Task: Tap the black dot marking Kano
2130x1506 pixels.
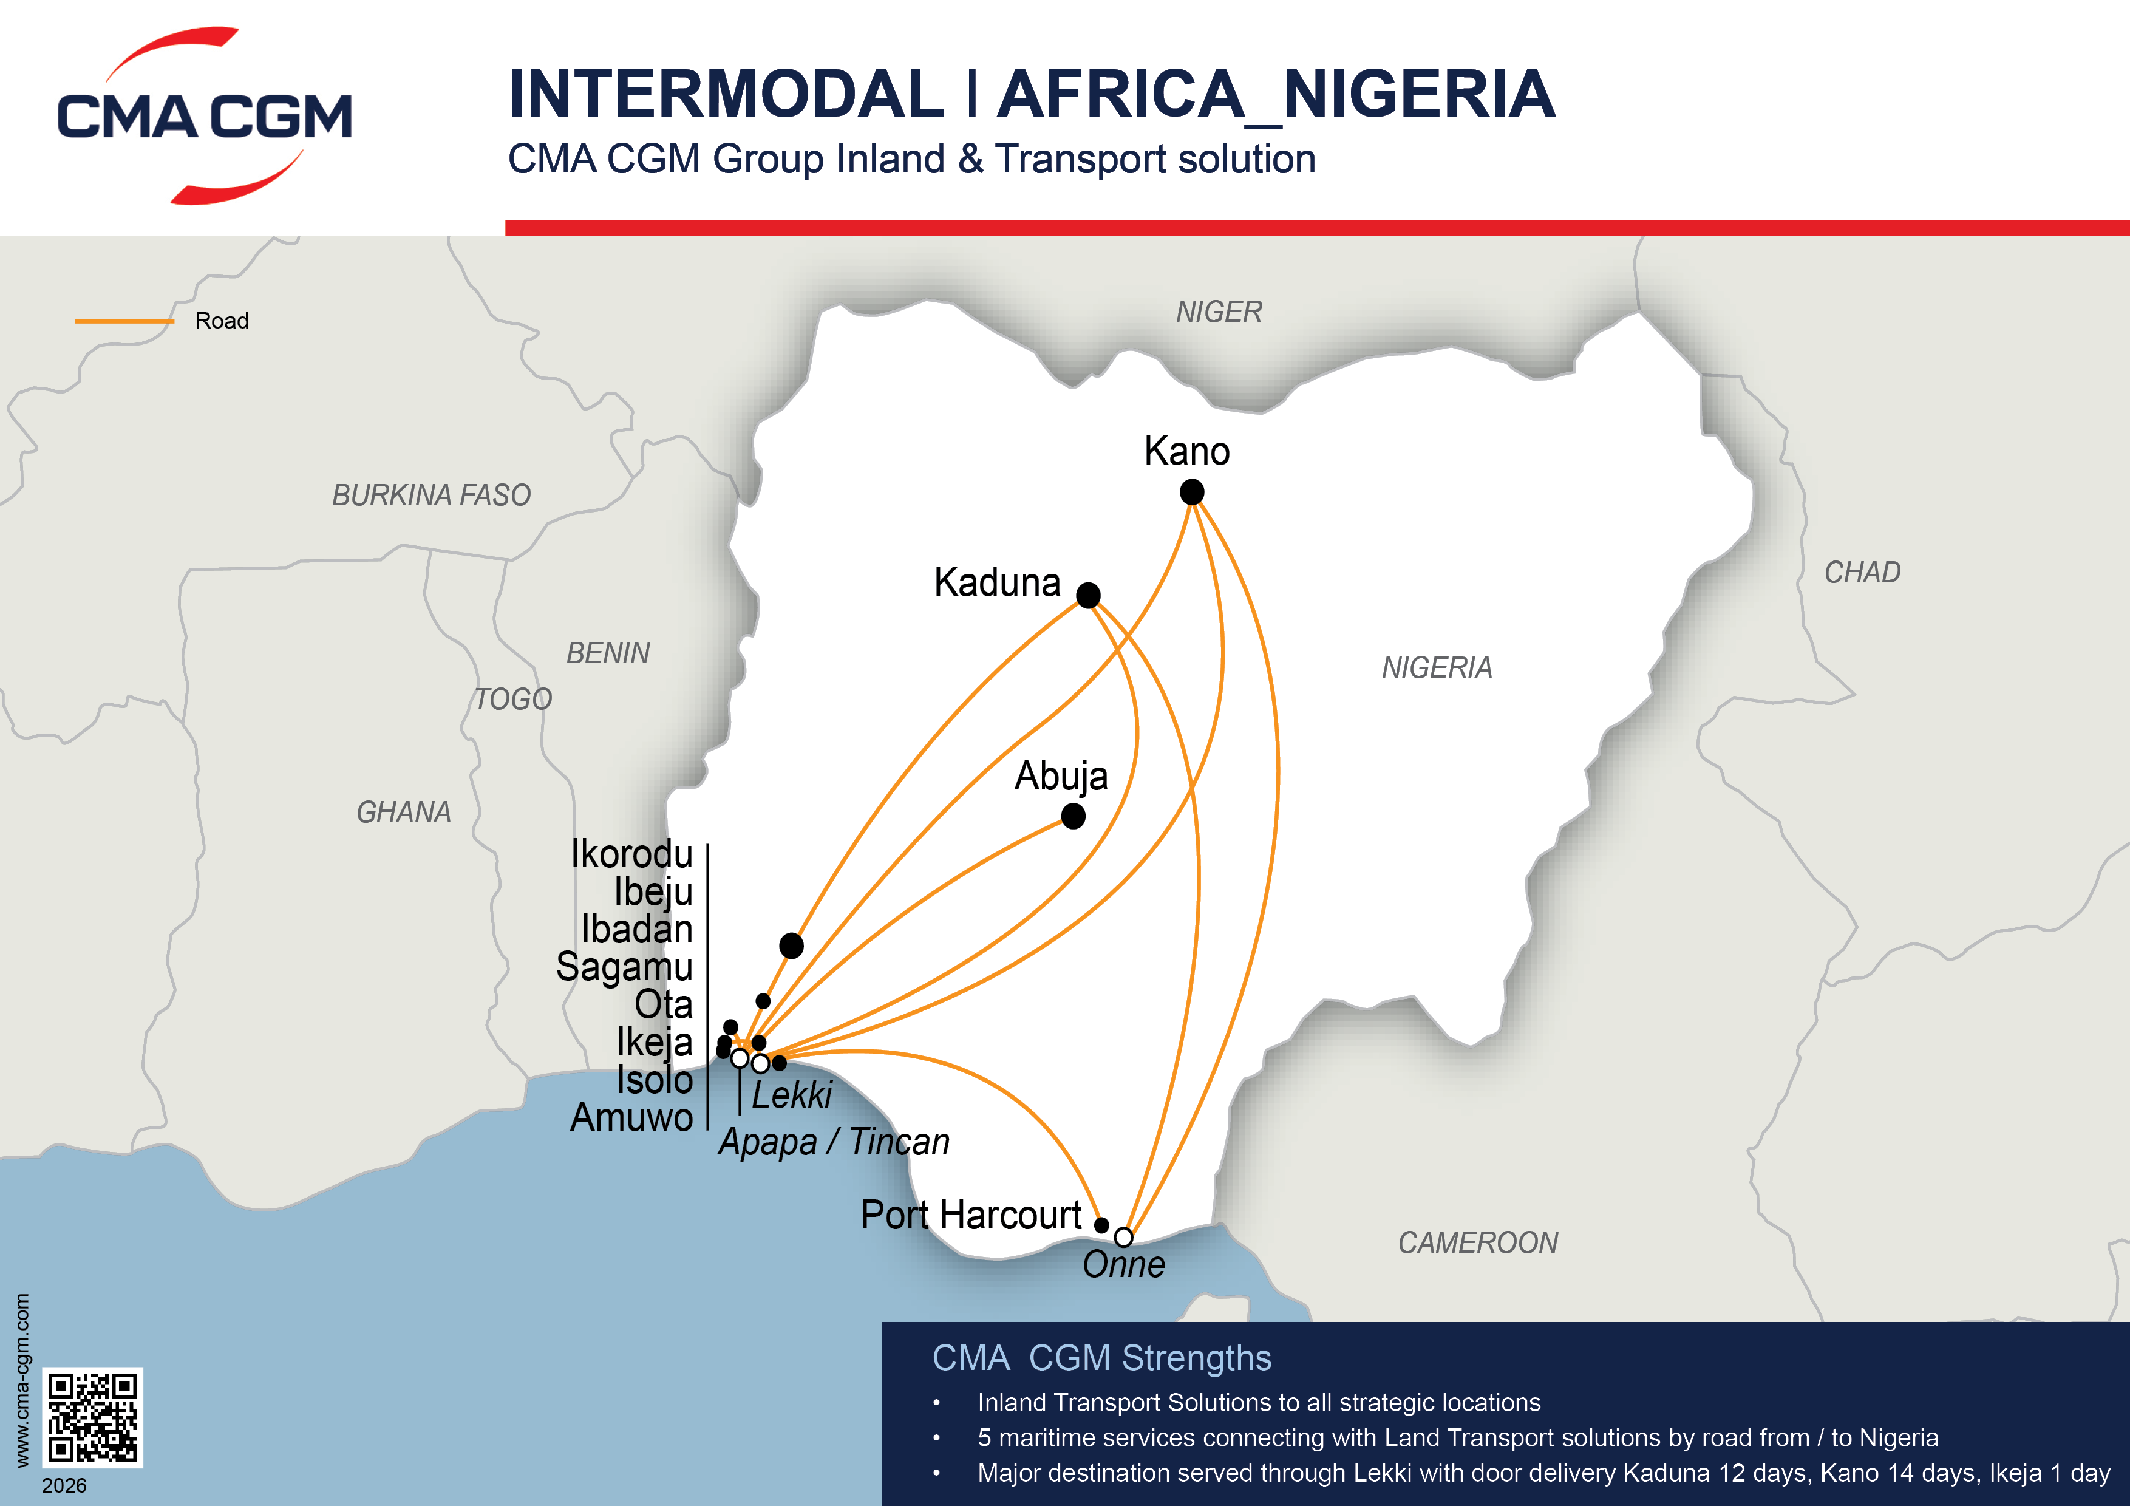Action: click(x=1191, y=492)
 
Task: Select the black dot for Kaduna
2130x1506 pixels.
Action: click(x=1088, y=595)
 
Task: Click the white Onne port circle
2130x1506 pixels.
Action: click(x=1123, y=1237)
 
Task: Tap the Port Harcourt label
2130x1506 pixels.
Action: click(x=970, y=1215)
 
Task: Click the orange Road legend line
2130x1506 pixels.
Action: click(x=124, y=321)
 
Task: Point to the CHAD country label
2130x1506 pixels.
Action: click(x=1862, y=573)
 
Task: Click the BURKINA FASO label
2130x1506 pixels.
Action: click(x=431, y=496)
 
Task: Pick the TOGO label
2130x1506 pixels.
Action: click(x=513, y=699)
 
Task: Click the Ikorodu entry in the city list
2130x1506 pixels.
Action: click(x=631, y=854)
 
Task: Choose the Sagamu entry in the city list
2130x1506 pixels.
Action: click(x=624, y=967)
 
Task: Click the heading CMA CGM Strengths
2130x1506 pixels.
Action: click(x=1101, y=1358)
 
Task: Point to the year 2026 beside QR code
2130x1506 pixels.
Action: click(x=64, y=1485)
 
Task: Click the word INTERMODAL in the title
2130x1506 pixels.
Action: click(x=726, y=95)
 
